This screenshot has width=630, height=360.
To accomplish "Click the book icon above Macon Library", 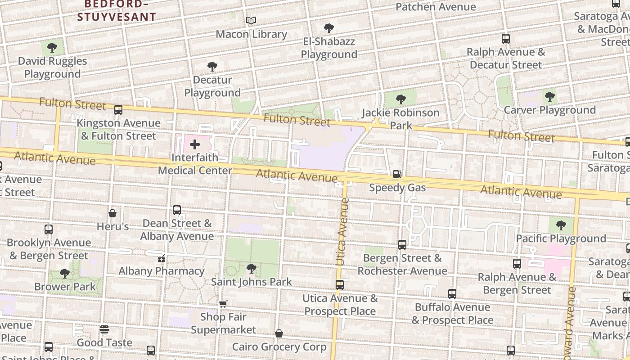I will tap(251, 21).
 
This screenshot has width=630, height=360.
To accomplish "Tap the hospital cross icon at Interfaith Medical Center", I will tap(195, 144).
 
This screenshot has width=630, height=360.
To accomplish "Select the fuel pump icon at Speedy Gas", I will tap(397, 174).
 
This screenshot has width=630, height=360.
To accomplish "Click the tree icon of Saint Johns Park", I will tap(252, 269).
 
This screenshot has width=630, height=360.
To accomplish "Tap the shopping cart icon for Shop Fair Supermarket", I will tap(223, 304).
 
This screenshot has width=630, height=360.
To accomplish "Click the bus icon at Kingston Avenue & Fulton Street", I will tap(118, 109).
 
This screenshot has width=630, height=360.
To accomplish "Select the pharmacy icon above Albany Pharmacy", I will tap(162, 258).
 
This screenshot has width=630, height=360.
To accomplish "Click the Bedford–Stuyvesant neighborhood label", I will tap(117, 11).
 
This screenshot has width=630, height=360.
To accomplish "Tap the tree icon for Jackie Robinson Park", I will tap(400, 99).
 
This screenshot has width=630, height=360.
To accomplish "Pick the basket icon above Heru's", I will tap(112, 213).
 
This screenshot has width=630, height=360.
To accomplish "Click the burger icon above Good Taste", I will tap(104, 330).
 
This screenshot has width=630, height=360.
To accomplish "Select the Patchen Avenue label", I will tap(436, 7).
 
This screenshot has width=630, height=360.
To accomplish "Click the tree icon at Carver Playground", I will tap(549, 97).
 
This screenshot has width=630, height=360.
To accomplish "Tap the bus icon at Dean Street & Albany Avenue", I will tap(177, 210).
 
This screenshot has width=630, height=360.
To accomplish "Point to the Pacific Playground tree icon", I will tap(561, 225).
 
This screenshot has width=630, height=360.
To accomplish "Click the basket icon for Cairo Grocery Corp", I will tap(279, 334).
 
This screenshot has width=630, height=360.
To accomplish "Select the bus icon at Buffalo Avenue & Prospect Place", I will tap(452, 294).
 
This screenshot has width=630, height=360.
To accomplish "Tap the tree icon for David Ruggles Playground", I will tap(52, 48).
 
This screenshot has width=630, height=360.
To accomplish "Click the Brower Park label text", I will tap(65, 287).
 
